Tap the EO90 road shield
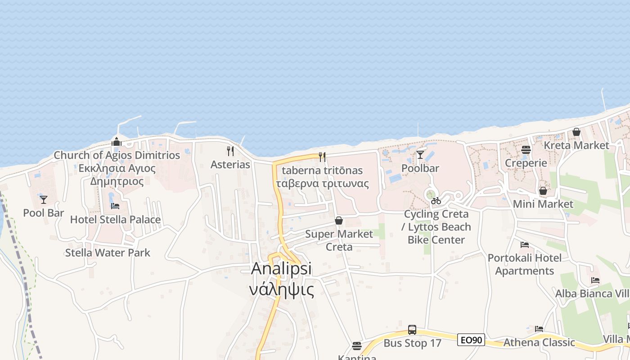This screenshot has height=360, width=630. [x=471, y=340]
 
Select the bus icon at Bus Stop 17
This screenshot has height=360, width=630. [x=412, y=330]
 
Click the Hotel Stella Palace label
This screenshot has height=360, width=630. [x=115, y=220]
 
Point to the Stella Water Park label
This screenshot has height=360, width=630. [x=108, y=252]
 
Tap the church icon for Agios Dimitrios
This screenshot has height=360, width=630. [x=117, y=142]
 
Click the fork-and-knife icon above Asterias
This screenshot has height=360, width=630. [x=230, y=151]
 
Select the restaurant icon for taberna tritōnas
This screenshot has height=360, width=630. [x=322, y=157]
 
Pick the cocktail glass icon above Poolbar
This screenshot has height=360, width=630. [x=420, y=155]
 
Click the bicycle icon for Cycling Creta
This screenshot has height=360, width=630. [x=436, y=201]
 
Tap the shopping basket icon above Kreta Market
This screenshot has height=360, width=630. [x=576, y=132]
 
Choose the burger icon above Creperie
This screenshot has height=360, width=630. [x=526, y=150]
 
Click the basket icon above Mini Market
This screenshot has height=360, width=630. [x=543, y=191]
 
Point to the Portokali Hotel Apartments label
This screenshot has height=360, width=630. [x=525, y=264]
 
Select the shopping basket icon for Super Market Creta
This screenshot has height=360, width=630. [x=338, y=220]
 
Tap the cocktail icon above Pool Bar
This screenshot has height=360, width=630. [x=44, y=199]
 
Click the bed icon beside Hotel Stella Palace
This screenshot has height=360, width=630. [x=115, y=206]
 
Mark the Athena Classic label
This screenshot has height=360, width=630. [x=539, y=342]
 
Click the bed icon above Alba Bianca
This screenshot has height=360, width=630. [x=595, y=280]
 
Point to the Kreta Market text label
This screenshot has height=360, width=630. [x=576, y=145]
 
